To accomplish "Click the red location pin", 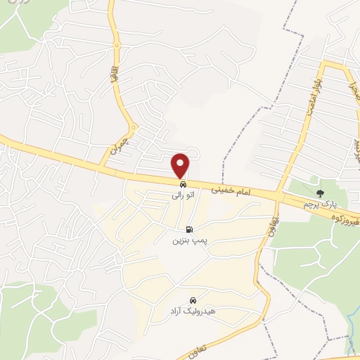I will click(x=181, y=165).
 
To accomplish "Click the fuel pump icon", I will click(x=188, y=229).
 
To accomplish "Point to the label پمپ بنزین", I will click(x=188, y=240).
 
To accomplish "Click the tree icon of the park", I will click(x=321, y=193).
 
